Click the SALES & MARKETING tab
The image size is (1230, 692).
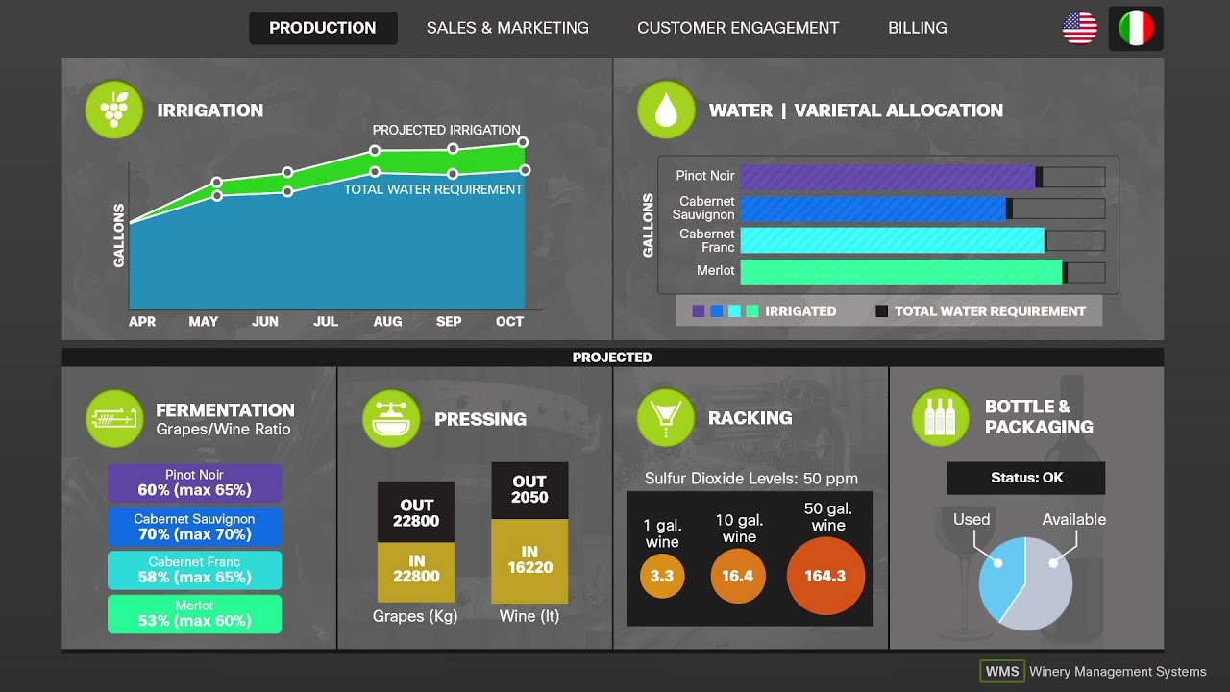507,28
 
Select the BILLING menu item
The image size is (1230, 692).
917,28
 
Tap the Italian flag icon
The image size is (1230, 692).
1136,28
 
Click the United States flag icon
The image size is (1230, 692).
1080,28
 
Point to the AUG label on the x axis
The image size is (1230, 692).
387,321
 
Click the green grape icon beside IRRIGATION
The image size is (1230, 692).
113,110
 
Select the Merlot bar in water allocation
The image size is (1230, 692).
901,272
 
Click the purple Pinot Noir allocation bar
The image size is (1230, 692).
888,177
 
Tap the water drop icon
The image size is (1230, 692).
666,110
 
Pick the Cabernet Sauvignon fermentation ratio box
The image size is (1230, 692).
194,527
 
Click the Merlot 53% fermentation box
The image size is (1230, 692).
194,613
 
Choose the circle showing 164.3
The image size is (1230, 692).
825,576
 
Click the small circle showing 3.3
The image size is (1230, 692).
662,577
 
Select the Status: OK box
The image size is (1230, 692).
1026,478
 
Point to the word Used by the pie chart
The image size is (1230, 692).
972,519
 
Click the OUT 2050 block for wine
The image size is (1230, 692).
529,490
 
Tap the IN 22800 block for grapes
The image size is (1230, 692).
416,570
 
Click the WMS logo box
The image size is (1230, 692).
1001,671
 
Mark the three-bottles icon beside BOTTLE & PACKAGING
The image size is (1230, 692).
940,417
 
